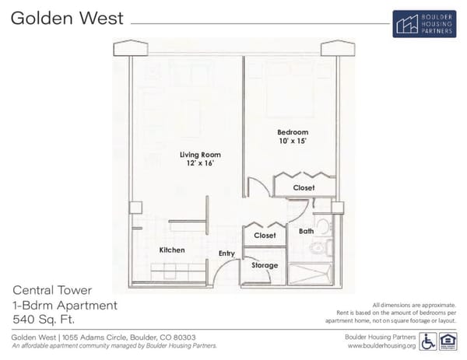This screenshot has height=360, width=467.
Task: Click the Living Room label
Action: (196, 154)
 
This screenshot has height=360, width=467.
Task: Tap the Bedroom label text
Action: (293, 132)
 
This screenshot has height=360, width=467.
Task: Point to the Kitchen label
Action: (171, 250)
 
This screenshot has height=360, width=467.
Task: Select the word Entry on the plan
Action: (226, 253)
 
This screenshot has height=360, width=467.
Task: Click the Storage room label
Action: (265, 266)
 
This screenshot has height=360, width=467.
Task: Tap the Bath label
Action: (306, 231)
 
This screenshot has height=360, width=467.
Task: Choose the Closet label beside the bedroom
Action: (304, 188)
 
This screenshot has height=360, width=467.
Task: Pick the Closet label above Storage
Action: (265, 236)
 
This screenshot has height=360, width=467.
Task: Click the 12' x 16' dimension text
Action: (196, 164)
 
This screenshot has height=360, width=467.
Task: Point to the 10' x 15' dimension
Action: (293, 142)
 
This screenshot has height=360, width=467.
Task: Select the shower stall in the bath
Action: (311, 273)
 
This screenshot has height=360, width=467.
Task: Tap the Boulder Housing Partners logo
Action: (423, 24)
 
